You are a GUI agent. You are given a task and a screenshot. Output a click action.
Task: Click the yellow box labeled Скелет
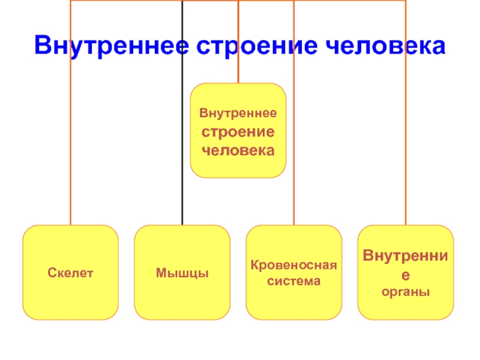(x=70, y=272)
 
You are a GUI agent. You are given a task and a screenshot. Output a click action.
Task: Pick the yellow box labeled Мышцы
(x=182, y=272)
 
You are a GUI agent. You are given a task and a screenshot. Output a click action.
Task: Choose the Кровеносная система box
(x=294, y=272)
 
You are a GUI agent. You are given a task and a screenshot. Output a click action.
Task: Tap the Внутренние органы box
(x=406, y=272)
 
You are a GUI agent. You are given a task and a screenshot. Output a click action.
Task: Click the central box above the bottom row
(x=238, y=130)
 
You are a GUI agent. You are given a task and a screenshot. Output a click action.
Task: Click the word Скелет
(x=70, y=273)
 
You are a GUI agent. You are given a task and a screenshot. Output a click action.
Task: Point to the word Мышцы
(x=182, y=274)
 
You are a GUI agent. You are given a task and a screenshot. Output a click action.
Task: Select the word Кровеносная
(x=294, y=265)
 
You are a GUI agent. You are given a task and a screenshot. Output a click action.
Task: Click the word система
(x=294, y=280)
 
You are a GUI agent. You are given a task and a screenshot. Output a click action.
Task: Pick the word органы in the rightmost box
(x=406, y=292)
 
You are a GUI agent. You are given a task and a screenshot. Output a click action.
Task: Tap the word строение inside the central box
(x=238, y=131)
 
